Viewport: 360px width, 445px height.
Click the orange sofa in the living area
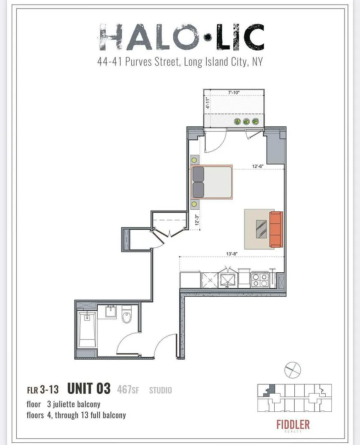[276, 229]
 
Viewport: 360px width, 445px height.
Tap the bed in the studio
[212, 182]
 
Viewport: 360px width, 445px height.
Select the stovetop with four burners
[260, 280]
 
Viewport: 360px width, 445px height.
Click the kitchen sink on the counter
[228, 280]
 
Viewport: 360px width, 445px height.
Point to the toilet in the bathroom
[127, 314]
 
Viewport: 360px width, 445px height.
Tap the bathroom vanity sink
[110, 312]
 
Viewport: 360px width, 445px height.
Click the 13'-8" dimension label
[232, 254]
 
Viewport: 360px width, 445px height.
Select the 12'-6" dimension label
[258, 166]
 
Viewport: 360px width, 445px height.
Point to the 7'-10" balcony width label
[234, 93]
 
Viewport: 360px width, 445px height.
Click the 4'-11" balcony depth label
[208, 104]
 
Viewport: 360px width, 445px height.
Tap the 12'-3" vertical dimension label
[197, 220]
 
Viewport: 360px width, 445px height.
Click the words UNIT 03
[89, 389]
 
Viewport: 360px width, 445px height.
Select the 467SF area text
[128, 389]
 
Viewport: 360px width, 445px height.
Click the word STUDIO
[161, 390]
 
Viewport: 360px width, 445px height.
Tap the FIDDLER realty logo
[293, 426]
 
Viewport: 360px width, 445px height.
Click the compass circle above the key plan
[292, 370]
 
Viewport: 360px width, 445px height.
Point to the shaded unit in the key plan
[270, 390]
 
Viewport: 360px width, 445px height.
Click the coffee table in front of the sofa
[261, 229]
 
